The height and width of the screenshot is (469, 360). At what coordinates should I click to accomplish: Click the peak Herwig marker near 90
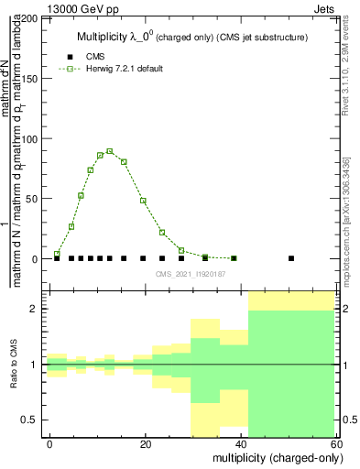tap(109, 151)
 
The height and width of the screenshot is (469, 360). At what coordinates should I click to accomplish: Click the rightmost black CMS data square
tap(291, 258)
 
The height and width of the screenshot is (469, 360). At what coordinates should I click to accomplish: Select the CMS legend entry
tap(93, 57)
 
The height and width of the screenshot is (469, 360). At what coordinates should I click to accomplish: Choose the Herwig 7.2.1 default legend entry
tap(124, 69)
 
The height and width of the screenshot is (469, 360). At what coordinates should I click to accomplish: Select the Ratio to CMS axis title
tap(14, 365)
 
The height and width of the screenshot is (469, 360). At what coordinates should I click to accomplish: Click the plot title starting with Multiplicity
tap(190, 37)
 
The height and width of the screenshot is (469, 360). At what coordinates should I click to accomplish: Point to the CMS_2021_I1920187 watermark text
tap(190, 273)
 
